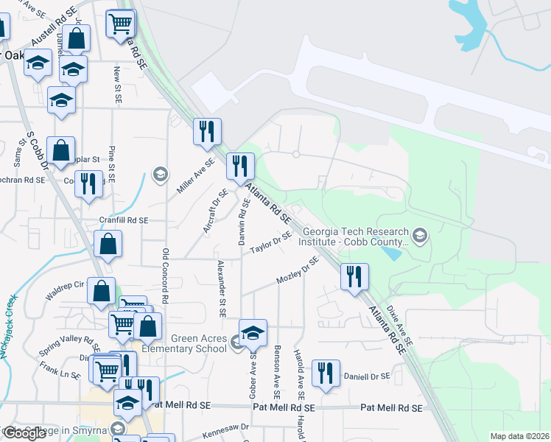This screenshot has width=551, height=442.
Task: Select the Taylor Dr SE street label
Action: point(271,242)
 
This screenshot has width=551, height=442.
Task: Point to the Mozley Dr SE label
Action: point(298,270)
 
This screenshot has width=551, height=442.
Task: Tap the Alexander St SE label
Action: point(220,289)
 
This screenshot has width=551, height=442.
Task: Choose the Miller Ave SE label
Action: point(195,176)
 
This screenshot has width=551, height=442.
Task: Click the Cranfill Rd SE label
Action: point(124,220)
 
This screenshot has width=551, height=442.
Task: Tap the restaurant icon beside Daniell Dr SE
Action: point(323,373)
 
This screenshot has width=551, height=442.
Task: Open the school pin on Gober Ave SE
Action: point(253,333)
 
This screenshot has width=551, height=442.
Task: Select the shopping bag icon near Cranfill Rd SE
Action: point(108,245)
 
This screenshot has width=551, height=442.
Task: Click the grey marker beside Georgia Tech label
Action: point(420,236)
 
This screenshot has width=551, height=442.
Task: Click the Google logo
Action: point(24,433)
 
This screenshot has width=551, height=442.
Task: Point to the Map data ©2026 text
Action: point(519,436)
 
